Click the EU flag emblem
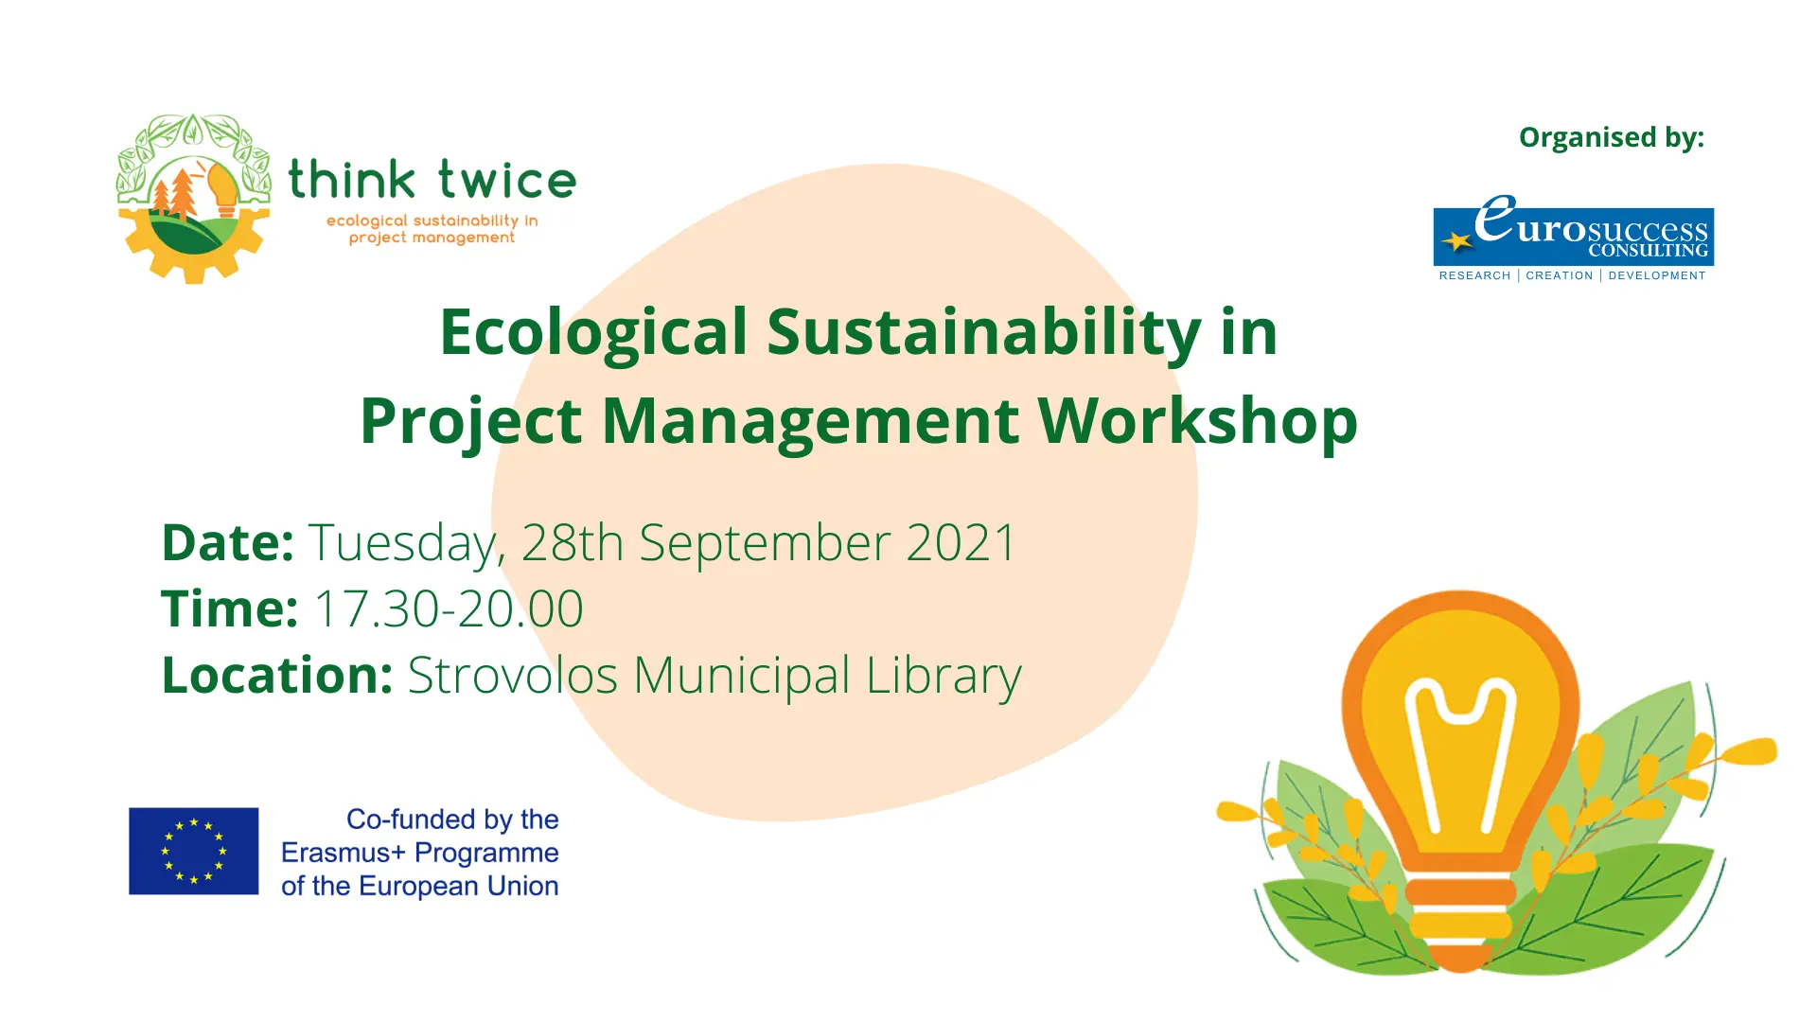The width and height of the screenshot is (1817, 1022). click(193, 851)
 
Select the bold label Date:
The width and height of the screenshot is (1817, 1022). click(228, 542)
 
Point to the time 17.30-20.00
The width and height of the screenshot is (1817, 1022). click(448, 608)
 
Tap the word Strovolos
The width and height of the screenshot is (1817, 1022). click(512, 675)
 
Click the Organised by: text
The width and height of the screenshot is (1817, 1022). click(1611, 138)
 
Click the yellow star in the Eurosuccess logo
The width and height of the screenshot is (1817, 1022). click(1457, 242)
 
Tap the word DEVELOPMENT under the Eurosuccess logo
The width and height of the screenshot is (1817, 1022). click(1656, 275)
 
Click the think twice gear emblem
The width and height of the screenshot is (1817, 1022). click(193, 199)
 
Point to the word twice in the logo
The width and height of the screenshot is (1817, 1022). click(506, 180)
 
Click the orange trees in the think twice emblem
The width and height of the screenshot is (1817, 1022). click(176, 194)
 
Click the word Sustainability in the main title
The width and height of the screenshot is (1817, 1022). click(984, 333)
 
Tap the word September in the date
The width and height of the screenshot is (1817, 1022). click(765, 544)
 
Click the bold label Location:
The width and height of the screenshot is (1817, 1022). click(277, 675)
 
